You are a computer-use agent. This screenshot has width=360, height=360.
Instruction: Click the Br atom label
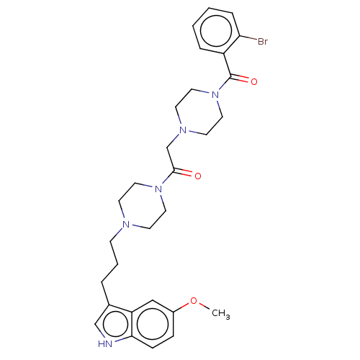[263, 41]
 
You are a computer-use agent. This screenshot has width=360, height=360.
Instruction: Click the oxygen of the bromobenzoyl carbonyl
[254, 81]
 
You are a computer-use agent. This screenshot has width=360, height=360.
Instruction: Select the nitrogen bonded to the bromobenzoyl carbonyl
[215, 95]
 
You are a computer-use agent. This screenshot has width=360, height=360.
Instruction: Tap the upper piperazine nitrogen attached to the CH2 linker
[183, 130]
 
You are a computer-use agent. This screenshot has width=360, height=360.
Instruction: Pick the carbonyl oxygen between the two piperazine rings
[198, 176]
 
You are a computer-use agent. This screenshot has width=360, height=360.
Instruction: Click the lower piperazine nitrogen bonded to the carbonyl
[158, 189]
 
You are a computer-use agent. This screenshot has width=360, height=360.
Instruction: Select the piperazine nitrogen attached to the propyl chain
[126, 225]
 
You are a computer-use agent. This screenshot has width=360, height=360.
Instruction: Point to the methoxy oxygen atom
[194, 301]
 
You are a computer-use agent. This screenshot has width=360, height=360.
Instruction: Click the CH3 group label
[221, 314]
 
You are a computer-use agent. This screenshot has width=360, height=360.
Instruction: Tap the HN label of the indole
[105, 343]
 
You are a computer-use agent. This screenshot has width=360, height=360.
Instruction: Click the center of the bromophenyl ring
[216, 31]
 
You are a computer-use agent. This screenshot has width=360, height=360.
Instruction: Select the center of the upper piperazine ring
[199, 112]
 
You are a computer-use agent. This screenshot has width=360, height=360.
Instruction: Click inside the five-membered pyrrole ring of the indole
[114, 324]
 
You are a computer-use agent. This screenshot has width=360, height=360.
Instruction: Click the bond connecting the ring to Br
[248, 38]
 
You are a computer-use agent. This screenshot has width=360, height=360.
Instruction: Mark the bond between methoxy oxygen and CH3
[204, 307]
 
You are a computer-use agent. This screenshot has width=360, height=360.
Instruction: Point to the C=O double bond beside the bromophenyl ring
[239, 78]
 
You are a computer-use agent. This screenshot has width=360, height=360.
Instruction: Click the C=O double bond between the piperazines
[183, 173]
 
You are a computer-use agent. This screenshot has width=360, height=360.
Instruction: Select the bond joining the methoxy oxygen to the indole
[181, 306]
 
